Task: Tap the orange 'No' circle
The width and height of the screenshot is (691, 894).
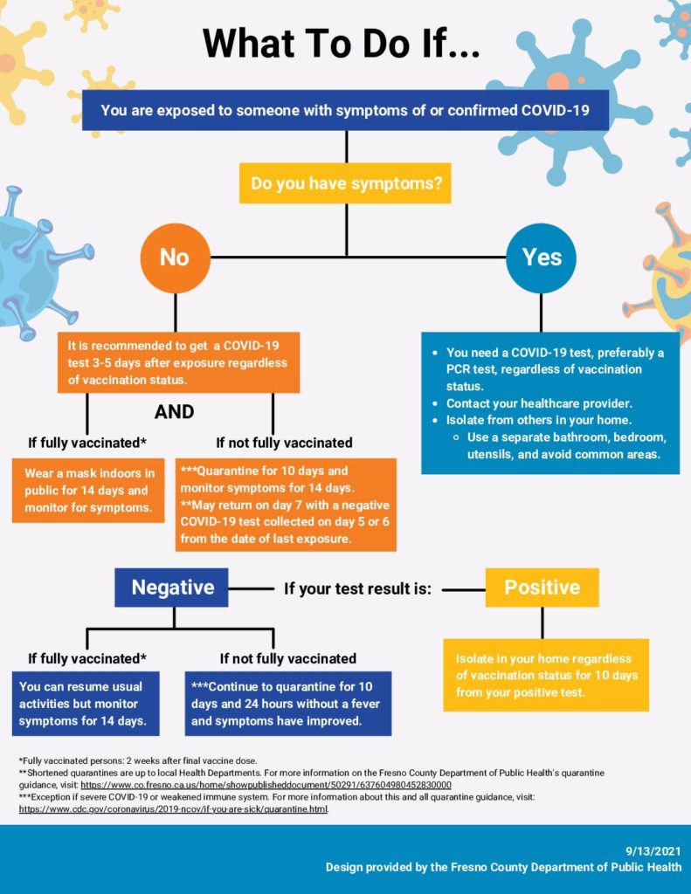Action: tap(175, 257)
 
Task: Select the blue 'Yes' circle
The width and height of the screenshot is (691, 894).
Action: tap(542, 257)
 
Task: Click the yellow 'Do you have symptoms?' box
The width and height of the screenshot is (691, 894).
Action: tap(345, 183)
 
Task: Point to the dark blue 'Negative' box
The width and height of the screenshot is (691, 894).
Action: tap(172, 588)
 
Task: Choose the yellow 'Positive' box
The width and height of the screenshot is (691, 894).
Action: tap(542, 588)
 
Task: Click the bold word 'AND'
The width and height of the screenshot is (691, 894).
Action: tap(174, 411)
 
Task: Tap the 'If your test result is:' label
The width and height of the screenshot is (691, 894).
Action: tap(358, 588)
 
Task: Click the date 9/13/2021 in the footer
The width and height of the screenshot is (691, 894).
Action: tap(653, 850)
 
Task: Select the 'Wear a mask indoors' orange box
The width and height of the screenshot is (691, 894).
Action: tap(88, 490)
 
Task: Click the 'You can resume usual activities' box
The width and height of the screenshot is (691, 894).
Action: tap(88, 703)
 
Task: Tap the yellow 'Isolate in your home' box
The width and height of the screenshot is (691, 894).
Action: tap(546, 675)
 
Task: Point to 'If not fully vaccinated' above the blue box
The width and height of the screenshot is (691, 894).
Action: tap(287, 658)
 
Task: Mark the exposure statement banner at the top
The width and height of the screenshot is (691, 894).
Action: tap(345, 110)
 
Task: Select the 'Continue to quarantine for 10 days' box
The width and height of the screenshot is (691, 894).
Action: tap(287, 703)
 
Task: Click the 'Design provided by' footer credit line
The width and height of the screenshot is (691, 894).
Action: tap(503, 867)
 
